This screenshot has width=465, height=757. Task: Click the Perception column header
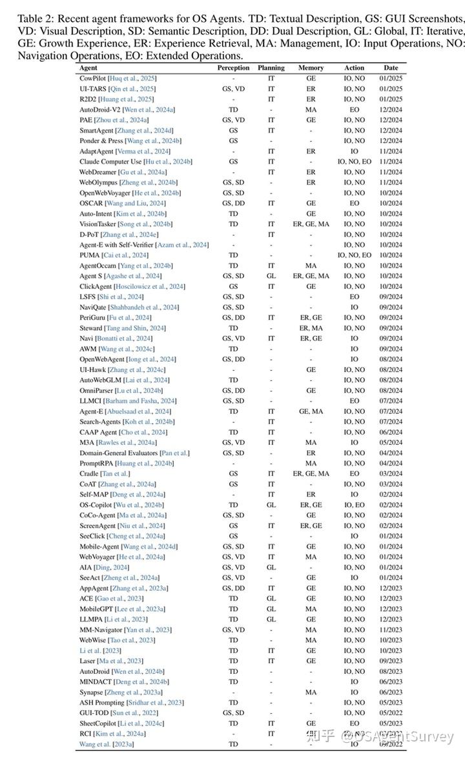click(233, 68)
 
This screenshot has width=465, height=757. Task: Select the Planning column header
click(271, 68)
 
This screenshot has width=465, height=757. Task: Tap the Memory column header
click(311, 68)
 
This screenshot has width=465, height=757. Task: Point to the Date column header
click(391, 68)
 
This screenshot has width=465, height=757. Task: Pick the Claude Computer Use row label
click(108, 161)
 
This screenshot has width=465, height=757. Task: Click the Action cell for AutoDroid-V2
click(354, 109)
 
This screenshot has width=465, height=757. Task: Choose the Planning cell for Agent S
click(271, 276)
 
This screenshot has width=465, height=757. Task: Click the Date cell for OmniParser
click(391, 390)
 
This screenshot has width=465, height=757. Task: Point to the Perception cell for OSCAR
click(233, 203)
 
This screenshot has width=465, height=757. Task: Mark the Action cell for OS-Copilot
click(354, 505)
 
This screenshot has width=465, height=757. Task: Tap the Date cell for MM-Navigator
click(391, 629)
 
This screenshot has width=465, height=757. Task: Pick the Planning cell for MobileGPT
click(271, 609)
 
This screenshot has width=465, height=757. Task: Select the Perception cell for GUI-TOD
click(233, 713)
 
